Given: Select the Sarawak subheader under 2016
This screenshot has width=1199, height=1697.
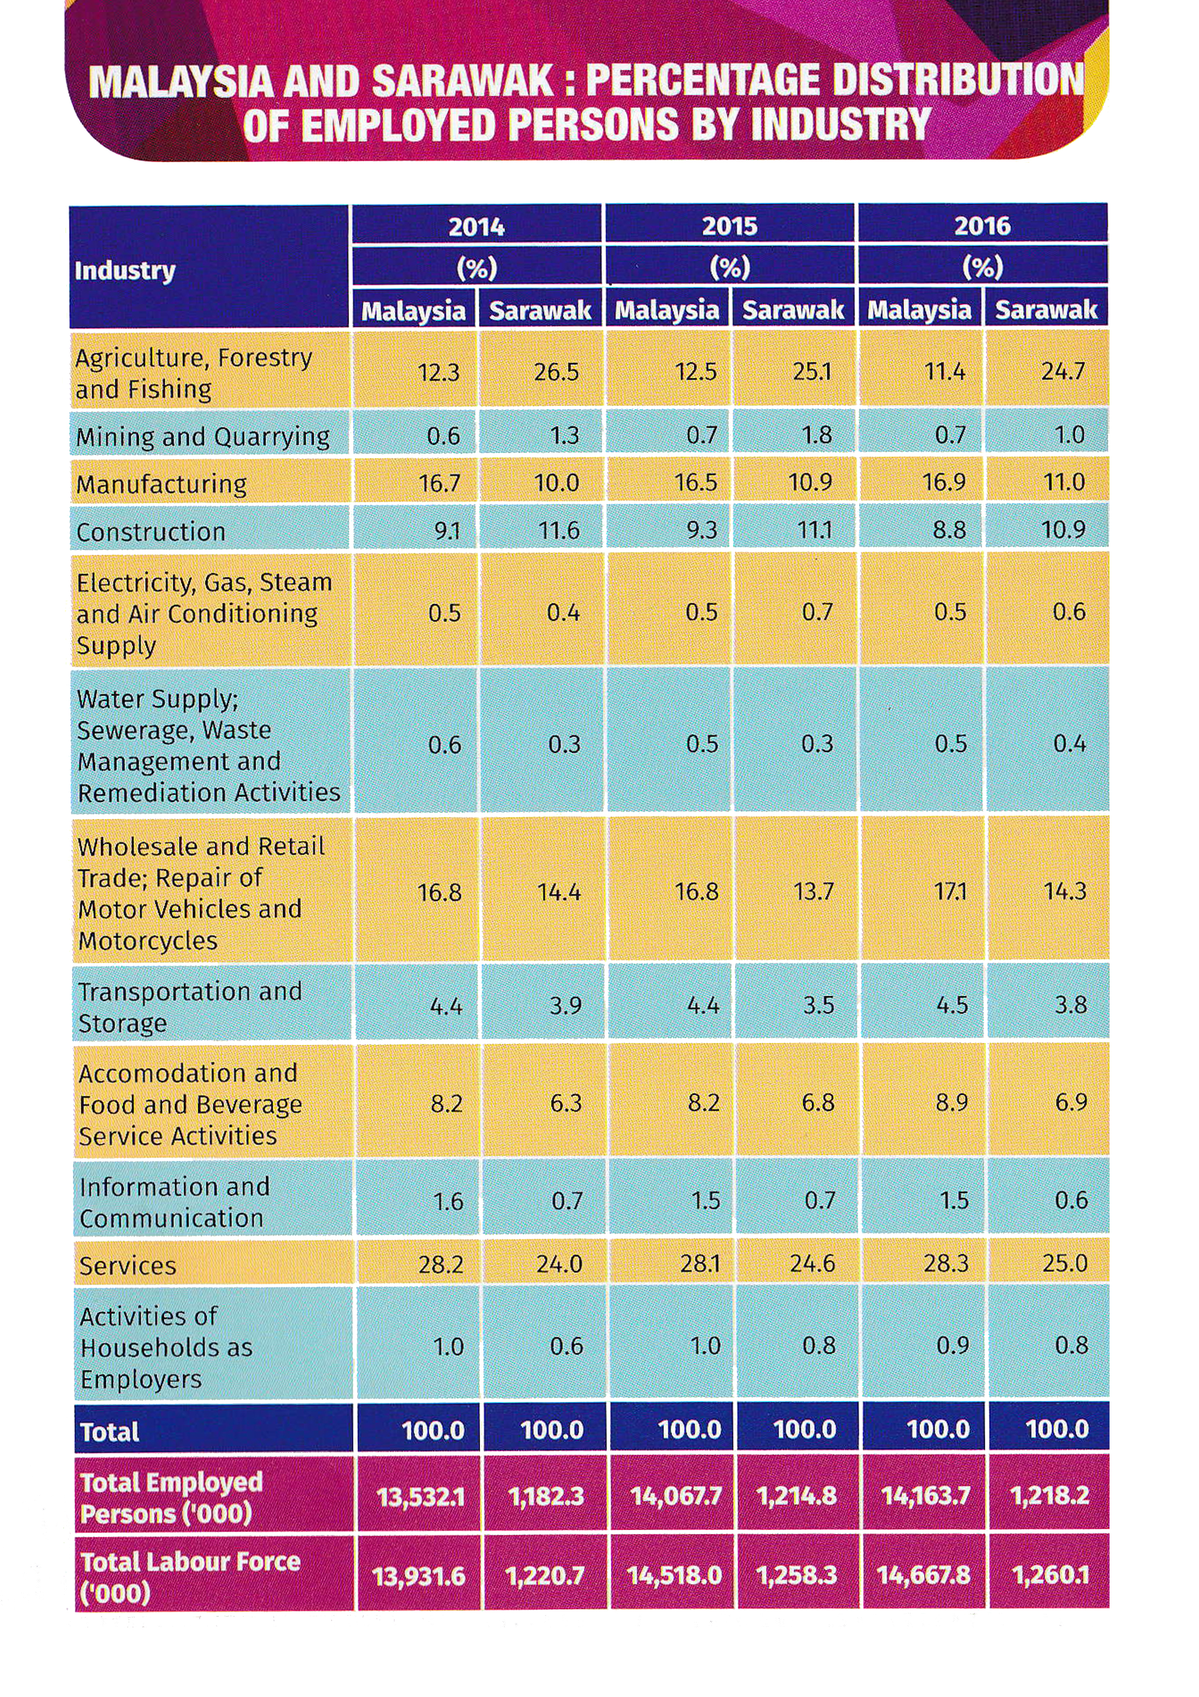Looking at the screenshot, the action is (1046, 310).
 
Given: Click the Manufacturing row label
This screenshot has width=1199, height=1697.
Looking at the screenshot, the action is (162, 484).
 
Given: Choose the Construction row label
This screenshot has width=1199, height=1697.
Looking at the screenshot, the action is (151, 532).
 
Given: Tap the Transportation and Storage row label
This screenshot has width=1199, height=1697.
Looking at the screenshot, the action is (190, 1007).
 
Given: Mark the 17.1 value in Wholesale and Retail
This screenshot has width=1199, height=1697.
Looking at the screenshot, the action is (950, 892).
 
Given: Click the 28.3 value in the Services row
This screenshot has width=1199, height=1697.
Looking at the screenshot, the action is (946, 1263).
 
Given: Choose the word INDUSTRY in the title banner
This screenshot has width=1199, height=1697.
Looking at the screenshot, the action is (841, 124).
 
